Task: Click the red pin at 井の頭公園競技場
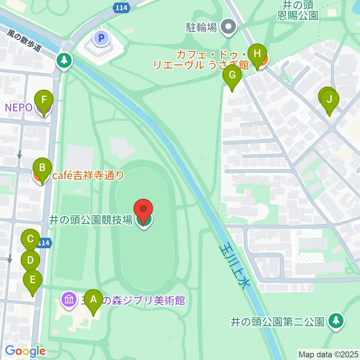tap(144, 210)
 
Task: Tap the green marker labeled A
tap(93, 300)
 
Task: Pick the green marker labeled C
tap(31, 239)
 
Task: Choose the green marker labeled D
tap(30, 260)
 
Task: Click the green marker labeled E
tap(33, 280)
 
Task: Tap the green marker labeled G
tap(232, 76)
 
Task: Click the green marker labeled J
tap(329, 100)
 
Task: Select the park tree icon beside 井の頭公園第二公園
tap(336, 321)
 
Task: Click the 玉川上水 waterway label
tap(233, 266)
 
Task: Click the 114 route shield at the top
tap(121, 7)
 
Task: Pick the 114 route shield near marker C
tap(44, 243)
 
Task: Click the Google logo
tap(25, 351)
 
